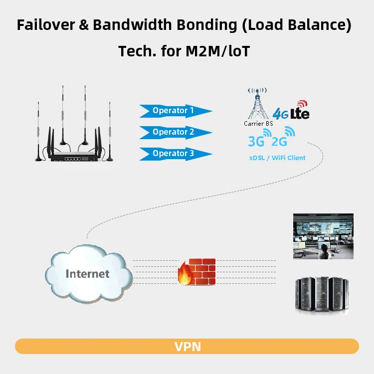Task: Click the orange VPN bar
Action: point(187,346)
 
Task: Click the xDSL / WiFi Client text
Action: point(277,158)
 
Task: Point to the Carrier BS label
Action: point(257,123)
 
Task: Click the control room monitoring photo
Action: point(323,236)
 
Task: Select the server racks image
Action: point(323,295)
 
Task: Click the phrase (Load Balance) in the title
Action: point(300,25)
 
